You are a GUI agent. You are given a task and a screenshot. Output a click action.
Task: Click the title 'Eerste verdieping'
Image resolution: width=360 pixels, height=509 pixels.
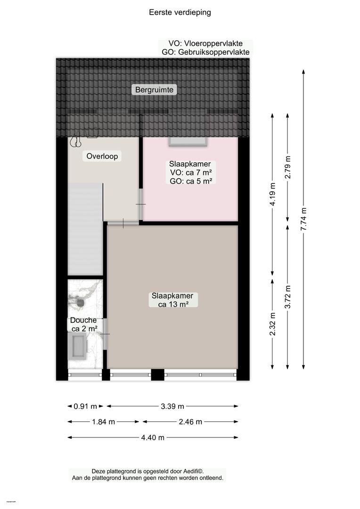click(x=180, y=12)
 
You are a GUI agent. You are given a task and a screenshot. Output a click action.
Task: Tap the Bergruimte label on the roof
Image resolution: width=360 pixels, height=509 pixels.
click(x=154, y=90)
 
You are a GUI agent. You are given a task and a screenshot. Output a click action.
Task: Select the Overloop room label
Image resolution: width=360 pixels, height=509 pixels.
click(x=102, y=156)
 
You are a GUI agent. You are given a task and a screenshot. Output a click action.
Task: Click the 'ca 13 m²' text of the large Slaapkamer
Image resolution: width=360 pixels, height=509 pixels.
click(x=173, y=304)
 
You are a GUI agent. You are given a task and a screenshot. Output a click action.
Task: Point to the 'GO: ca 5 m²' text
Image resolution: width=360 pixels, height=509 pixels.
click(x=191, y=181)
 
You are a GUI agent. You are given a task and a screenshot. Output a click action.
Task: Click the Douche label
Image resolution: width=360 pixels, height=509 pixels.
click(x=83, y=320)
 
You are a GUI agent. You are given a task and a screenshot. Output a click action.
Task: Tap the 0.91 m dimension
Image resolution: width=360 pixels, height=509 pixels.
click(x=85, y=406)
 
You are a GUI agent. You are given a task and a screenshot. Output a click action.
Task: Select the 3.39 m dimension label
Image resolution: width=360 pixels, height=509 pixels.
click(x=172, y=406)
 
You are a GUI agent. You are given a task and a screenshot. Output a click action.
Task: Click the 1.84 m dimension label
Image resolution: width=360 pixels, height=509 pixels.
click(x=103, y=422)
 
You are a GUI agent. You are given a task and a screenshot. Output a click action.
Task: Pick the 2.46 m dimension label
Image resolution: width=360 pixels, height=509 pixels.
click(x=190, y=422)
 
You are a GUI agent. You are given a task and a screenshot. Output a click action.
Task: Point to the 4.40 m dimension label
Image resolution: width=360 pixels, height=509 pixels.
click(x=153, y=437)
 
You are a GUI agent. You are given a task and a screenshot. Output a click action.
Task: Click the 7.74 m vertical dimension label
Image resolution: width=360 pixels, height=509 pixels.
click(x=303, y=219)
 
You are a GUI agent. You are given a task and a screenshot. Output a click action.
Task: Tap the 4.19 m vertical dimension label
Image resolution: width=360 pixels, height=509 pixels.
click(x=272, y=194)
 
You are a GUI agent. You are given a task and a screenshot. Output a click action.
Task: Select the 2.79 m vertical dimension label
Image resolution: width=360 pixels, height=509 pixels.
click(x=287, y=167)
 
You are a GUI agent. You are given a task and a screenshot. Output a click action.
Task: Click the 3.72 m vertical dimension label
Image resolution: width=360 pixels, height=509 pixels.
click(x=287, y=297)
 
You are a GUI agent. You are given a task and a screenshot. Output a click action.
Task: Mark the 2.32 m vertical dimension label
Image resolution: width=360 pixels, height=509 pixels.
click(x=272, y=324)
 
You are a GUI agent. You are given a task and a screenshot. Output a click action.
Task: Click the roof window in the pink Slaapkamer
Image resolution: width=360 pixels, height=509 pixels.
click(x=188, y=142)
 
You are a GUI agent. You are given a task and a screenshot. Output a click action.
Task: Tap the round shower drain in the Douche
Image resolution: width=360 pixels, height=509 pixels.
click(x=80, y=303)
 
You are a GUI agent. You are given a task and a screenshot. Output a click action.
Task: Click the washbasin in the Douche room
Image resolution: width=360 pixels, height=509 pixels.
click(x=78, y=346)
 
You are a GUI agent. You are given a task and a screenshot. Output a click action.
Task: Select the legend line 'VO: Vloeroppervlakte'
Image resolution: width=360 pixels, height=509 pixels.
click(x=205, y=43)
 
